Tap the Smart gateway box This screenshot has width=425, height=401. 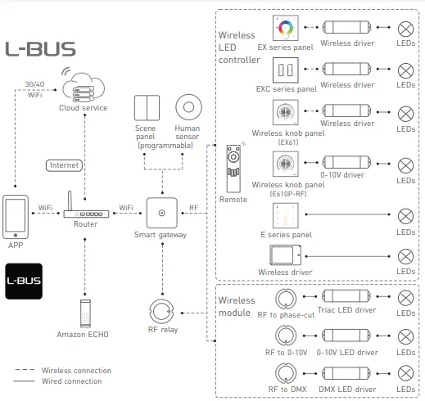tap(162, 212)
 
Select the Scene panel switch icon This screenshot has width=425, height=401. tap(148, 108)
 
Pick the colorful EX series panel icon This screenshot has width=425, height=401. tap(286, 29)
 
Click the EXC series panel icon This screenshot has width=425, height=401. tap(286, 70)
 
